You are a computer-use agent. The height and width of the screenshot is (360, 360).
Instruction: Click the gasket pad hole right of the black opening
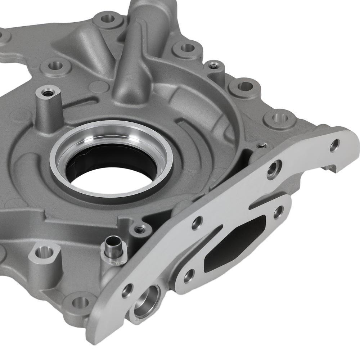point(278,212)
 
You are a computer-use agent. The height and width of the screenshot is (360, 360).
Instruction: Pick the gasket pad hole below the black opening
point(188,276)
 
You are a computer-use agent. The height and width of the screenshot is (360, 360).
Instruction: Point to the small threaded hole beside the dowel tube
point(139,229)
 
